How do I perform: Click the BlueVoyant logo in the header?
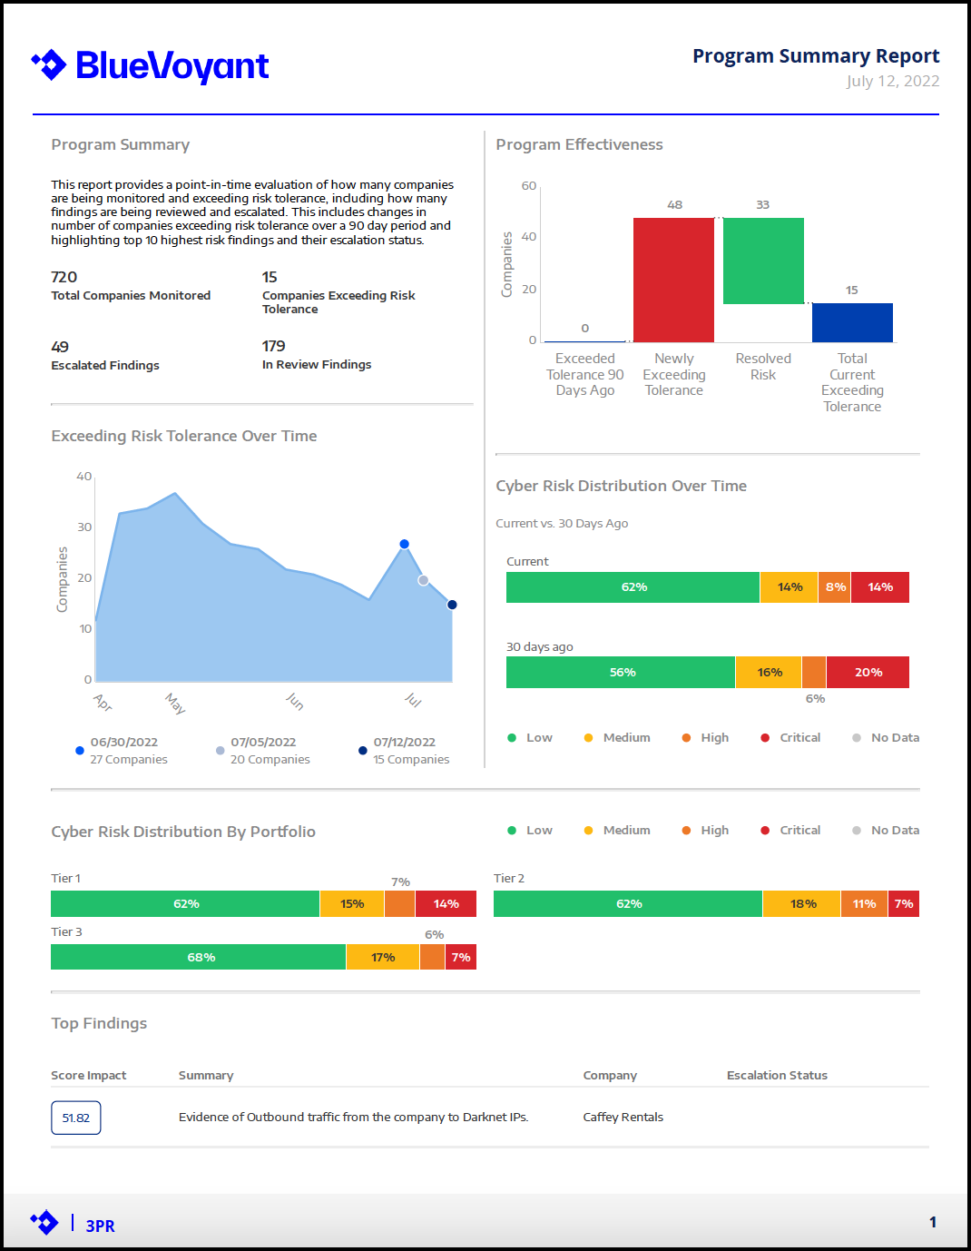pos(150,65)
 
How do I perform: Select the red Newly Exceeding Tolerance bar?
pos(673,280)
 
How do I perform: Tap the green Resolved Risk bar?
pos(763,261)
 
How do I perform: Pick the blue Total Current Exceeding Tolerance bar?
pos(852,323)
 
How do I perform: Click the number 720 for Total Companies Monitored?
pos(64,278)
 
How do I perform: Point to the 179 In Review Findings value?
pos(273,346)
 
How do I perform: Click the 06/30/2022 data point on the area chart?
pos(405,544)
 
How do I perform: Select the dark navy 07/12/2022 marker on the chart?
pos(452,605)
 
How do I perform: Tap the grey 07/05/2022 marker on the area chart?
pos(424,580)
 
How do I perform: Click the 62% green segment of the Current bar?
pos(633,587)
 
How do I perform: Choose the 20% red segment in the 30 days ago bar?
pos(868,673)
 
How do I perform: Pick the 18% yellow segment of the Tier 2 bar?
pos(802,904)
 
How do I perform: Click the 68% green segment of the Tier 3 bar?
pos(199,957)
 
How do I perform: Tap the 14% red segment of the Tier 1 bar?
pos(446,904)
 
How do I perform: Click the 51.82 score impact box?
pos(76,1118)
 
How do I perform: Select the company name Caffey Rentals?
pos(623,1118)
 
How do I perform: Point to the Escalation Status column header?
pos(777,1076)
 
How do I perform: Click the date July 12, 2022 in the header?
pos(893,81)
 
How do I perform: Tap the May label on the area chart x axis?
pos(175,704)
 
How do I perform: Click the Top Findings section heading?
pos(99,1024)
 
